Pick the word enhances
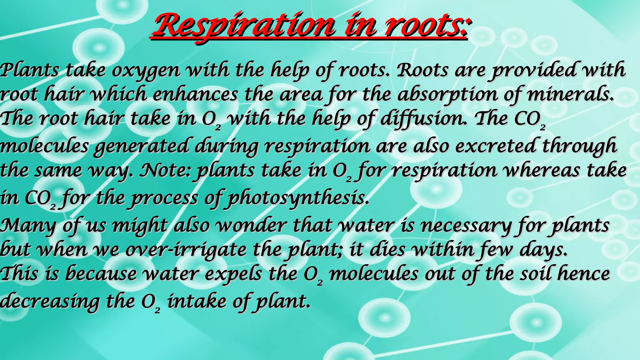195,94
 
